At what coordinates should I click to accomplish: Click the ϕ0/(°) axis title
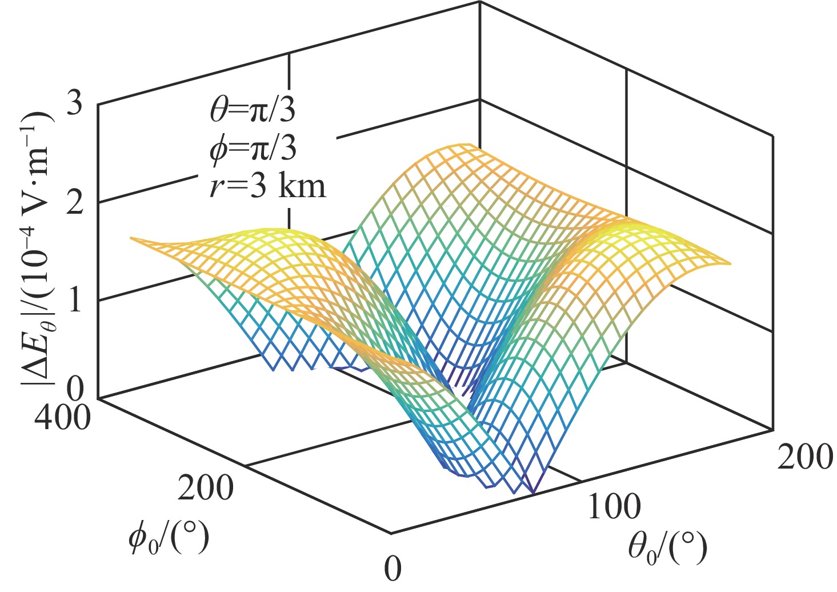click(x=168, y=538)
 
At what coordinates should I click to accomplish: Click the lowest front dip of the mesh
click(x=533, y=493)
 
